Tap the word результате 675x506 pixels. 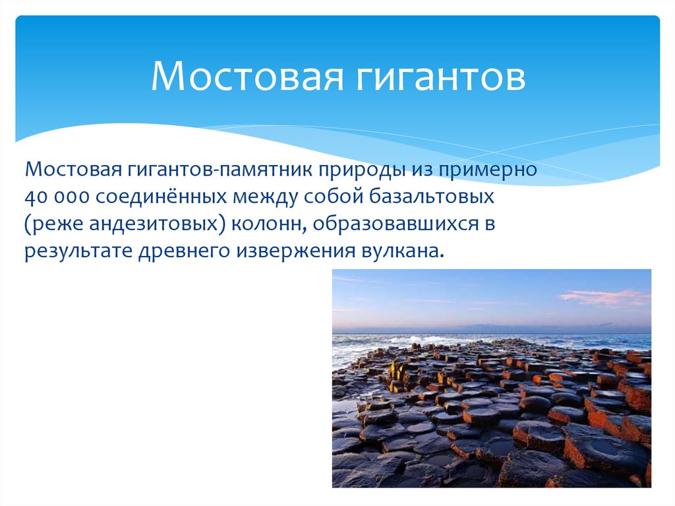[76, 251]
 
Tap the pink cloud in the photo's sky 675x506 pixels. [603, 298]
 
